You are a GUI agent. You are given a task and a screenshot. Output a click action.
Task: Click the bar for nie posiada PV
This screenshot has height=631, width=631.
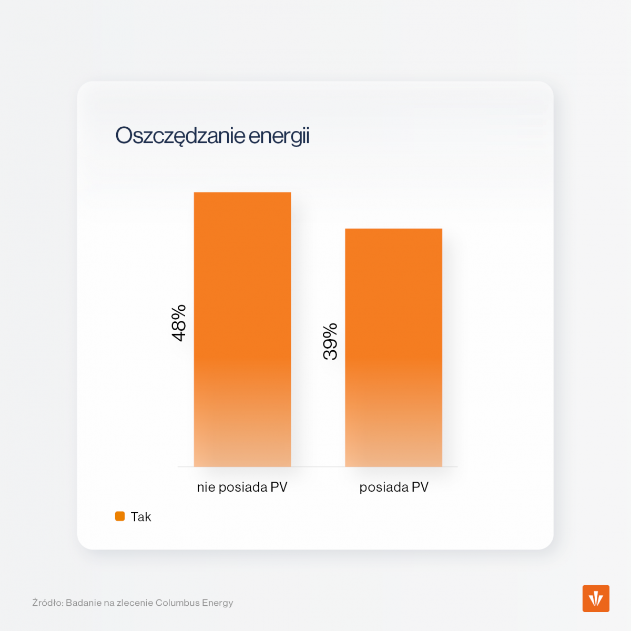[242, 329]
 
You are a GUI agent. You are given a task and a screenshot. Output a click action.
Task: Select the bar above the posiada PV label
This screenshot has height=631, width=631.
[393, 347]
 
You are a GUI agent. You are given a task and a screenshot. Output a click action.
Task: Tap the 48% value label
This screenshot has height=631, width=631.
[179, 323]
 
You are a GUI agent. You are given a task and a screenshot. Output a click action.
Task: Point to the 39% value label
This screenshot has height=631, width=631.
[330, 342]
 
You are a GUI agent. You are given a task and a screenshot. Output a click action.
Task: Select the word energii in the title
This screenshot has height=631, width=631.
[279, 136]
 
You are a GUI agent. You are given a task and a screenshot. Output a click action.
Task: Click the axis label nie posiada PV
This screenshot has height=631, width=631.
[242, 487]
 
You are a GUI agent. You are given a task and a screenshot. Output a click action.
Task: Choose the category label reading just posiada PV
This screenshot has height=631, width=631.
[394, 487]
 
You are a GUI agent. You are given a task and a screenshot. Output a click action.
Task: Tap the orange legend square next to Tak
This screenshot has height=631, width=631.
[120, 516]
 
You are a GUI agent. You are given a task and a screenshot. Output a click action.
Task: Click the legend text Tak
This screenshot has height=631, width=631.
[141, 517]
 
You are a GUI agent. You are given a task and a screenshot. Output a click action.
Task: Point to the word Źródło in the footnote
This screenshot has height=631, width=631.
[47, 603]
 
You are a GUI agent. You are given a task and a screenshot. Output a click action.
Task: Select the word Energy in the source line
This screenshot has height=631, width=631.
[218, 603]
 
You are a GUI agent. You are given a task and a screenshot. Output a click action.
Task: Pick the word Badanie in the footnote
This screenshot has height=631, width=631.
[83, 603]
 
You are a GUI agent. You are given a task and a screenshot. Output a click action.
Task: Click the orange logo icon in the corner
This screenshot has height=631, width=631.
[596, 598]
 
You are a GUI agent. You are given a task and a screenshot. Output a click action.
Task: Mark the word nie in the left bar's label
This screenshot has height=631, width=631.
[206, 487]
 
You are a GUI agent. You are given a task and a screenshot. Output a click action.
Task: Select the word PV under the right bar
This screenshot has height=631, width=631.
[420, 487]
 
